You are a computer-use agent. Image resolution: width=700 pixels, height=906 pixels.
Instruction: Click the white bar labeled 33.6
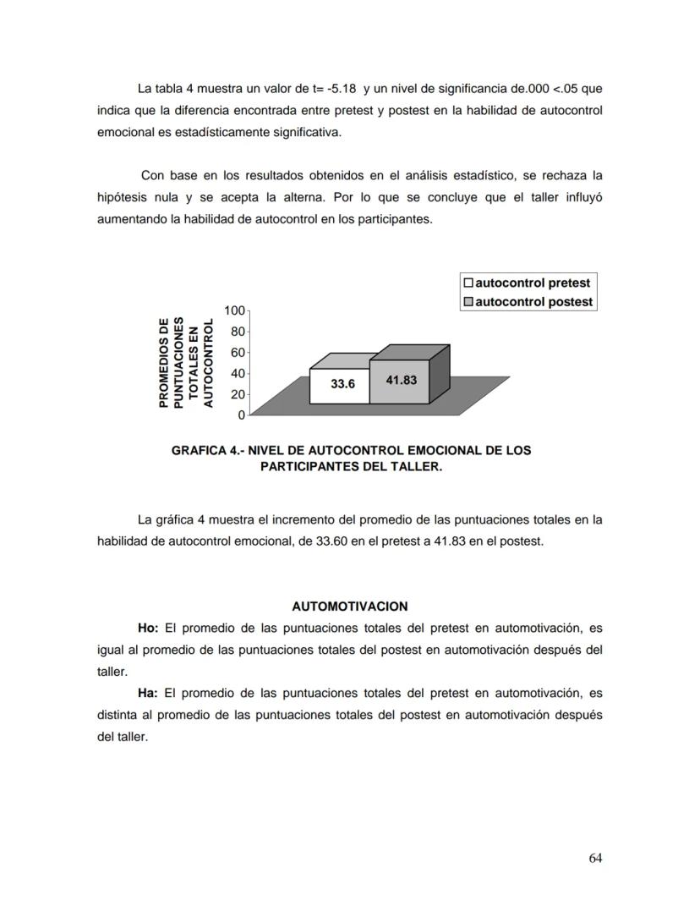pos(340,385)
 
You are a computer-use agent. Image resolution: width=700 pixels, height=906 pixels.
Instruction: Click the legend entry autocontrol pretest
pos(532,283)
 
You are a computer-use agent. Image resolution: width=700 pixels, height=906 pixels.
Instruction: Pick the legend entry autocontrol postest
pos(533,302)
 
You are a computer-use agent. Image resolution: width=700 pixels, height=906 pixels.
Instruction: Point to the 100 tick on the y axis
pos(234,310)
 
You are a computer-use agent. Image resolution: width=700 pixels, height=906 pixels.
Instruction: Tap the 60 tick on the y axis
pos(238,352)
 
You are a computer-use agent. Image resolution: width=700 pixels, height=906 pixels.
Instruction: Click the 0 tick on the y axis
pos(241,415)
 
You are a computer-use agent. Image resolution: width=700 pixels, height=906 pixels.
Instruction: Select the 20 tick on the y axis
pos(238,394)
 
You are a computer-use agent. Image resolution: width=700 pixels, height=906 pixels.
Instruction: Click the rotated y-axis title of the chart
pos(188,362)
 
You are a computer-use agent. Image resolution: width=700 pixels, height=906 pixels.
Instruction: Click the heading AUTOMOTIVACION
pos(349,607)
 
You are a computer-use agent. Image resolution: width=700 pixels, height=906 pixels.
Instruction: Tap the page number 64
pos(595,858)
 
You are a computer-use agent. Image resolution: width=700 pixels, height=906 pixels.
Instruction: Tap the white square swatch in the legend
pos(468,283)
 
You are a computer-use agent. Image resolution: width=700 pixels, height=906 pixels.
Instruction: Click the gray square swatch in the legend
pos(468,302)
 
